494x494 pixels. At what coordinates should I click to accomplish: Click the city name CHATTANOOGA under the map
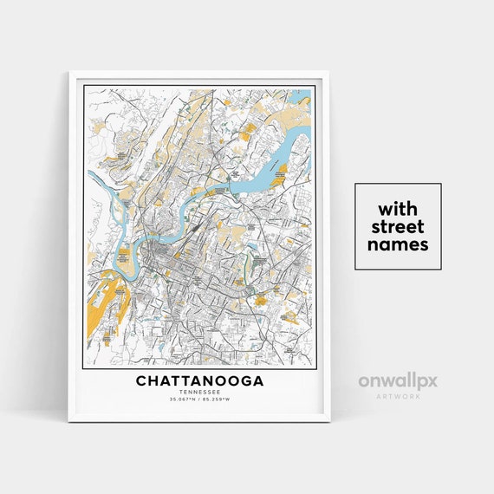point(199,380)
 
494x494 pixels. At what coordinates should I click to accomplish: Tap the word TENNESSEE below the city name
point(199,392)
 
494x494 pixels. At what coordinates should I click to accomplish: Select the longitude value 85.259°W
point(219,400)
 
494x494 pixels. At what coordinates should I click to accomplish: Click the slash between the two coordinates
point(199,400)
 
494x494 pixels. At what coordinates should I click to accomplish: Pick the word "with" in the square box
point(398,210)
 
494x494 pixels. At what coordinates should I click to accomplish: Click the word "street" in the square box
point(398,227)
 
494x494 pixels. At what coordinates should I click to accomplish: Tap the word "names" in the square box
point(398,244)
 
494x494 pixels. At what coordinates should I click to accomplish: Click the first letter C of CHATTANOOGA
point(140,380)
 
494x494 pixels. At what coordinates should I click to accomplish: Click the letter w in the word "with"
point(383,210)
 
